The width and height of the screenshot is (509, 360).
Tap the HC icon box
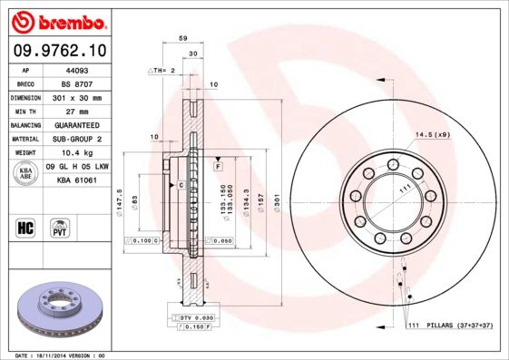[26, 226]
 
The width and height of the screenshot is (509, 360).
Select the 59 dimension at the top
[182, 39]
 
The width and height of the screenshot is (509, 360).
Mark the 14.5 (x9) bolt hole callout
[433, 135]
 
